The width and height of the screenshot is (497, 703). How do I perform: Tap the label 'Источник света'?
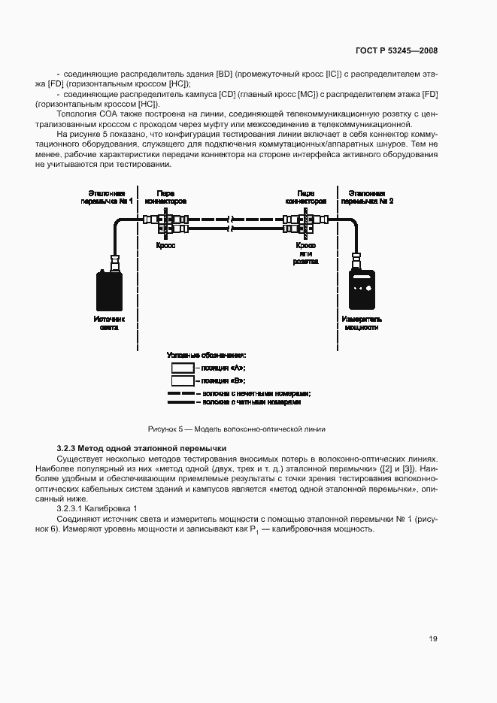point(110,323)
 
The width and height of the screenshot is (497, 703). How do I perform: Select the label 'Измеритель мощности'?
point(362,323)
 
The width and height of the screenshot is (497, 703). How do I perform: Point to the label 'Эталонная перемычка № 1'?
point(110,197)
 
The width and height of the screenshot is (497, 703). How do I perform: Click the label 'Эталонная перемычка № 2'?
point(367,197)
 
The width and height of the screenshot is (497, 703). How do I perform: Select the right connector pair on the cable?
point(304,223)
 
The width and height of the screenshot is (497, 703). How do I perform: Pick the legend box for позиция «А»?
point(183,368)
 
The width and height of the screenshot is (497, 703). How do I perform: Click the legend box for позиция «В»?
point(183,381)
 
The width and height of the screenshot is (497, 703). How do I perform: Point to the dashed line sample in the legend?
point(181,393)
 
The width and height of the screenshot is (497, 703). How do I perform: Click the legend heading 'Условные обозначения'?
point(207,355)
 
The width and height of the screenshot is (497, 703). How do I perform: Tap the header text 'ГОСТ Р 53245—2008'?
point(396,51)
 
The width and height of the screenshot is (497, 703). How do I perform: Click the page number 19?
point(433,639)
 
